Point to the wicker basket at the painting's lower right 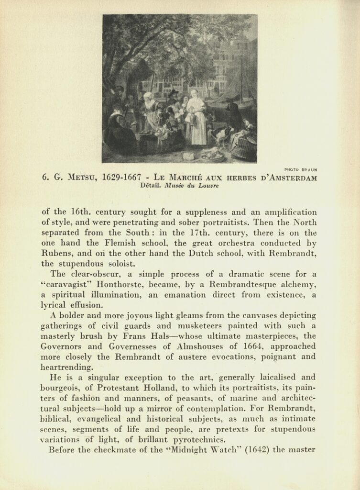point(244,149)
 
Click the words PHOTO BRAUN point(300,169)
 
